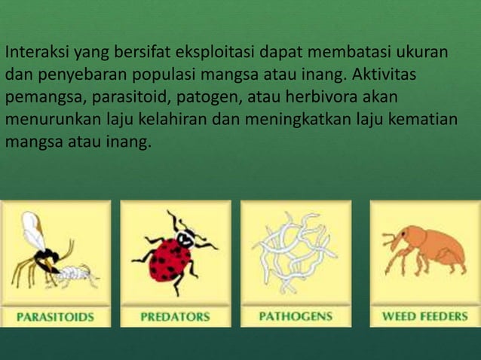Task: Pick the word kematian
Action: tap(427, 119)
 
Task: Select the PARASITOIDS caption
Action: tap(56, 316)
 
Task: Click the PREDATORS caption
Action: tap(175, 316)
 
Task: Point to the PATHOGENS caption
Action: tap(296, 316)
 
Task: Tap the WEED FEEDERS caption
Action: tap(424, 316)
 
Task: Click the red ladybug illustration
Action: tap(173, 256)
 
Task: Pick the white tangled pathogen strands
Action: tap(294, 252)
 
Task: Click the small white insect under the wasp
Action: tap(75, 274)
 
